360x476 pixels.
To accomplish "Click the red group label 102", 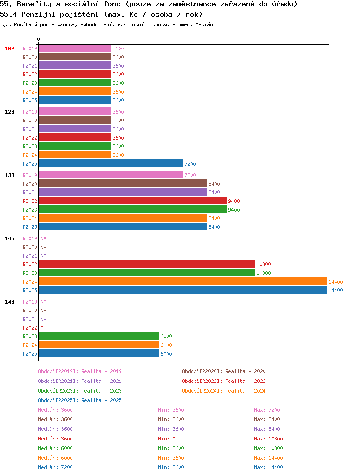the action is pos(10,48).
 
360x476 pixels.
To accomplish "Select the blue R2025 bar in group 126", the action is pos(111,163).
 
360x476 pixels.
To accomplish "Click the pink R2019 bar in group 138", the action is pos(111,175).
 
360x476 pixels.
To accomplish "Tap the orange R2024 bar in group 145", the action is pos(183,281).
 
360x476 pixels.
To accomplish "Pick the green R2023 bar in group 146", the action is pos(99,336).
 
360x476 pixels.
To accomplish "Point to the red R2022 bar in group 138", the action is pos(133,201).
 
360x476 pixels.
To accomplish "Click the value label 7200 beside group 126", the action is pos(190,164).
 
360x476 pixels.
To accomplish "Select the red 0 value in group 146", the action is pos(42,328).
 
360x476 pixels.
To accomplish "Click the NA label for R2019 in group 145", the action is pos(44,238).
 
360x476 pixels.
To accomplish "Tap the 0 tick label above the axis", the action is pos(38,39).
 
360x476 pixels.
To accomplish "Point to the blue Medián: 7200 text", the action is pos(55,467).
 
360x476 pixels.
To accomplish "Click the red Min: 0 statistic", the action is pos(167,439).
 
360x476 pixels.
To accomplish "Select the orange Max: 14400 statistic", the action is pos(268,458).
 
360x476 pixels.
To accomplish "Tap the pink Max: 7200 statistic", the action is pos(267,410).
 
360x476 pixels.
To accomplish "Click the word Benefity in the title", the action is pos(35,4).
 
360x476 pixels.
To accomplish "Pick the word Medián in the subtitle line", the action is pos(204,24).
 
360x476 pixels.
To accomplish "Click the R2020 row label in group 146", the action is pos(30,310).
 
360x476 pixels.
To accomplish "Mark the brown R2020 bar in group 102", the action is pos(75,57).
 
